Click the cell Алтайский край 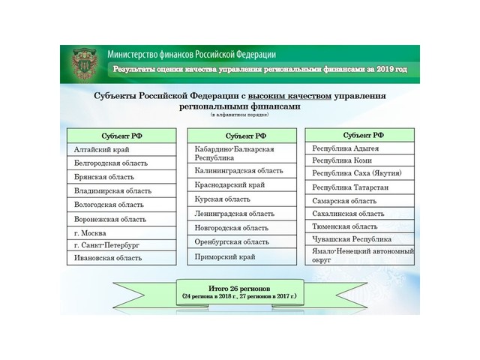coord(121,150)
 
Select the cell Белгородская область coord(121,163)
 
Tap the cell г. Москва coord(121,232)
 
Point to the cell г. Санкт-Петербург coord(121,245)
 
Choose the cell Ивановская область coord(121,258)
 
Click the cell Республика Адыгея coord(358,148)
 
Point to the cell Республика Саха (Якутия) coord(358,173)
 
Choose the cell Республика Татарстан coord(358,187)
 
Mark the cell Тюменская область coord(358,226)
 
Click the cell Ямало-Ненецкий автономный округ coord(358,254)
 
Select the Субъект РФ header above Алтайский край coord(121,136)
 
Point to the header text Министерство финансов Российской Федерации coord(191,55)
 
